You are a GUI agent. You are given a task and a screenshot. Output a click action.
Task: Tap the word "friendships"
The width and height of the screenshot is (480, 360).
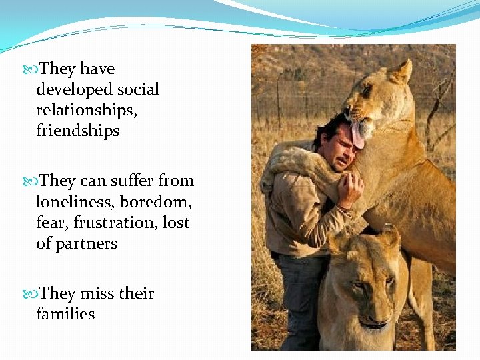click(78, 131)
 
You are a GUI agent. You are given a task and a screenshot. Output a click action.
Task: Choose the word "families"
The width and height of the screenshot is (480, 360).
click(65, 314)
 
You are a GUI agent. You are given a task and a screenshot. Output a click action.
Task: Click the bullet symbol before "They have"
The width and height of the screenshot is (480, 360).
click(33, 69)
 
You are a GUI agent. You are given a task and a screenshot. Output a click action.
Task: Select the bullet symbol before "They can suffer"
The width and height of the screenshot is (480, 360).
click(33, 181)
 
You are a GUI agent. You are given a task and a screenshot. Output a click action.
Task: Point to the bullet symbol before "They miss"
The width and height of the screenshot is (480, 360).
click(33, 294)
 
